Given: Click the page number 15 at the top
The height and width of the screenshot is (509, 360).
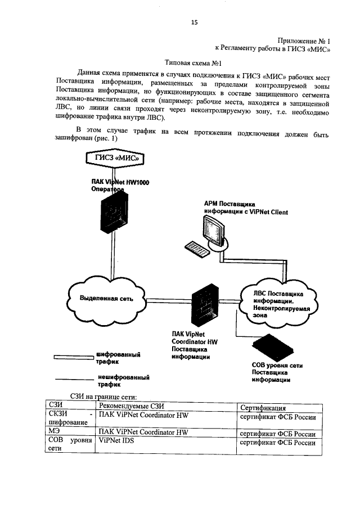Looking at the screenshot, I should click(x=195, y=22).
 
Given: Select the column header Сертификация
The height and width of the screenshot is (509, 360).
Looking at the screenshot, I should click(x=263, y=407).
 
